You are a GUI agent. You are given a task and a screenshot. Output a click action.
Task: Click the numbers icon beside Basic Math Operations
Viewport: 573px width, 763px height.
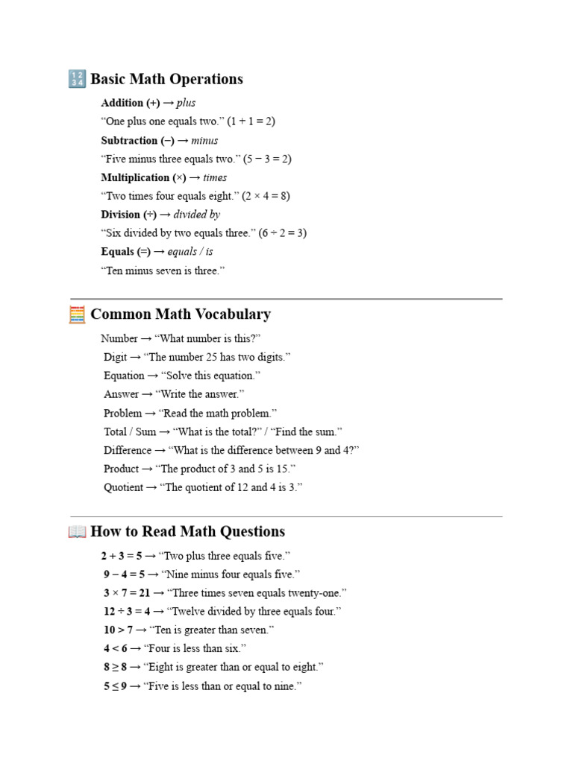(x=77, y=79)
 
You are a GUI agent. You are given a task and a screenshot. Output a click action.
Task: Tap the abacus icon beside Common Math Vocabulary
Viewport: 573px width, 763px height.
(x=77, y=314)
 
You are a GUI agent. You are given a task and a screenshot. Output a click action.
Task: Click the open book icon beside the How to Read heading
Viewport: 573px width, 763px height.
(x=77, y=532)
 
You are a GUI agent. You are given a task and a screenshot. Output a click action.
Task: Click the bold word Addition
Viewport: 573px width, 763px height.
(x=122, y=103)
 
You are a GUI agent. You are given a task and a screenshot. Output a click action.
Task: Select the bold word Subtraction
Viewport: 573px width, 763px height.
(x=130, y=140)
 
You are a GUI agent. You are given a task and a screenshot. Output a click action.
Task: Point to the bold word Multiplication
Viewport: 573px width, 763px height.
(x=135, y=177)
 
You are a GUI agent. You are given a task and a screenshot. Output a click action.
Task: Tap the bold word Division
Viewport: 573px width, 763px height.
(x=120, y=215)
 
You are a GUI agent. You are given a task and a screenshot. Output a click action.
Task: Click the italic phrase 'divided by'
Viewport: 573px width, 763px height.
(x=196, y=215)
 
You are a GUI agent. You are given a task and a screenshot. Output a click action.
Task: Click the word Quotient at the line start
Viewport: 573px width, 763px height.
(x=121, y=487)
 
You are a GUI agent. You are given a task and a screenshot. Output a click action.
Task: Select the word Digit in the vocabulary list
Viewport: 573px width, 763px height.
(x=116, y=357)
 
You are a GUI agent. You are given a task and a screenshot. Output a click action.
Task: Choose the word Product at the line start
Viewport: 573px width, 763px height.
(x=121, y=469)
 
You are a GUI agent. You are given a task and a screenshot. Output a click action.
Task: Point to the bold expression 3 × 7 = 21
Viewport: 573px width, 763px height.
(x=127, y=593)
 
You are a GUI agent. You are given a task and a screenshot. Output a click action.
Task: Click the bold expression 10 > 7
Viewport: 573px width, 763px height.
(x=119, y=630)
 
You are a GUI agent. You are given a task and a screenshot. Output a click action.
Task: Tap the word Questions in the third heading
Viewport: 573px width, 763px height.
(x=250, y=532)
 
